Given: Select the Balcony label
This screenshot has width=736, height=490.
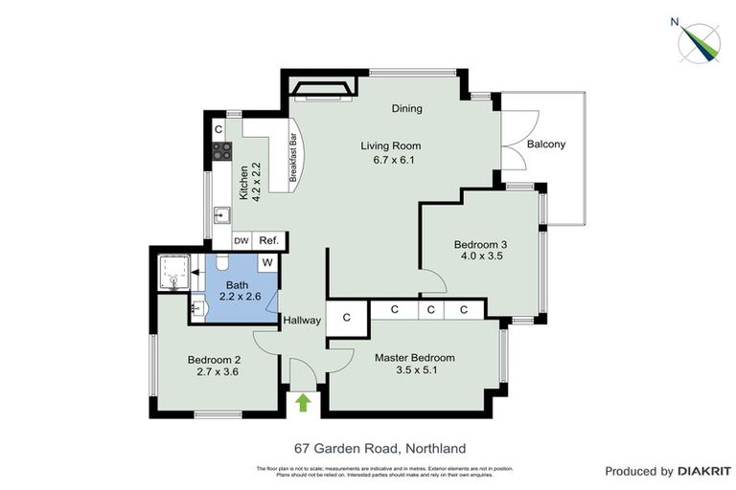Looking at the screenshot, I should [x=546, y=145].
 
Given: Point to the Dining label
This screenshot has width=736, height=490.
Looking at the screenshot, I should [x=406, y=108].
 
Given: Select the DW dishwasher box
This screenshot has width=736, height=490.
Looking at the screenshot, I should [x=241, y=241].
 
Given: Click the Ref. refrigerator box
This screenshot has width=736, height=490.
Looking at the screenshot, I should [x=268, y=241].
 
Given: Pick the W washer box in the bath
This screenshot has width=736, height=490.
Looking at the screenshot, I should [x=268, y=261].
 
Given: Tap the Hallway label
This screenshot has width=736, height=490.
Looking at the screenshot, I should [x=301, y=321].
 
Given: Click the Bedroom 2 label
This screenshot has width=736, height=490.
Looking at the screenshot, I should [x=217, y=360].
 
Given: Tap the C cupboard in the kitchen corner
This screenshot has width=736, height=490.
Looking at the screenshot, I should [x=218, y=128].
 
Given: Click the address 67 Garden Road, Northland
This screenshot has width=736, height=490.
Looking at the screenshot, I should [x=379, y=447].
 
